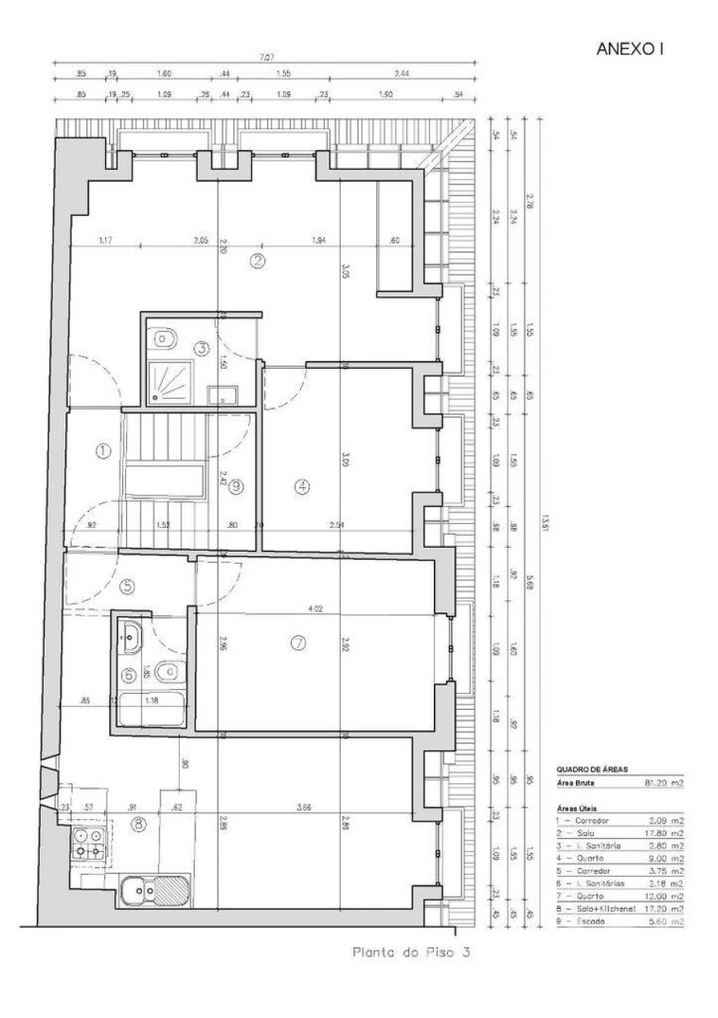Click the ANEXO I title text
(630, 50)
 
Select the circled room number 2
(258, 260)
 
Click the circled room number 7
(299, 643)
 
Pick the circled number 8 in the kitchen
(139, 825)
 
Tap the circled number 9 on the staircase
(235, 487)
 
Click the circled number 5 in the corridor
(127, 587)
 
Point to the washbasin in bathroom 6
(131, 636)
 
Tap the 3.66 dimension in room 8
(303, 807)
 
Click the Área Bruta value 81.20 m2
(665, 783)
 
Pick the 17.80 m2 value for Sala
(665, 833)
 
